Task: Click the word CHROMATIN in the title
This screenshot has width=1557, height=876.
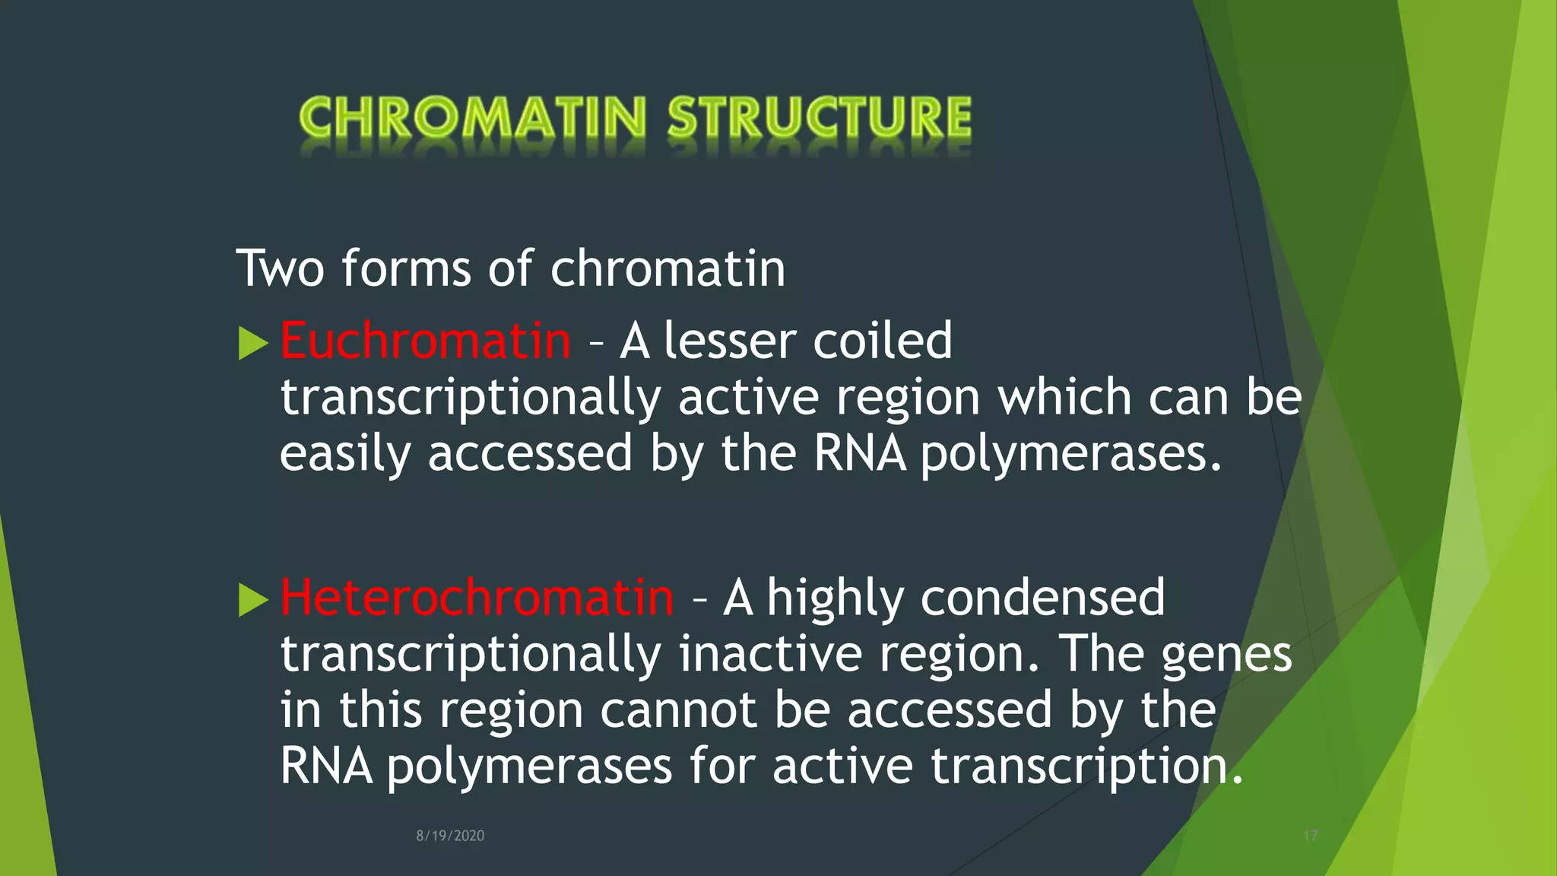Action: pyautogui.click(x=472, y=118)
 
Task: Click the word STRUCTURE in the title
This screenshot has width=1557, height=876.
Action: pyautogui.click(x=819, y=118)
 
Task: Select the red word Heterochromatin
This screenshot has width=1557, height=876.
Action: pyautogui.click(x=477, y=597)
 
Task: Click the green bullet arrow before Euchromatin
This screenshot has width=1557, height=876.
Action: pyautogui.click(x=253, y=343)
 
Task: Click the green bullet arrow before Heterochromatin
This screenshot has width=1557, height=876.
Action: pyautogui.click(x=253, y=600)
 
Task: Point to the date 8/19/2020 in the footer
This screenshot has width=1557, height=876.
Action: pyautogui.click(x=450, y=836)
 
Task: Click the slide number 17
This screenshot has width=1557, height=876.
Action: pyautogui.click(x=1310, y=836)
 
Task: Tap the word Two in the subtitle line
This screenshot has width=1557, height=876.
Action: pyautogui.click(x=280, y=268)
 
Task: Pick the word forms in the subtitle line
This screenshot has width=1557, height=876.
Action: pyautogui.click(x=406, y=268)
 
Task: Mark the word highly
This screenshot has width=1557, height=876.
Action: pyautogui.click(x=836, y=598)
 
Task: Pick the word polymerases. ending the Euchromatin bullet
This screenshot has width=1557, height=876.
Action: pyautogui.click(x=1071, y=455)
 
